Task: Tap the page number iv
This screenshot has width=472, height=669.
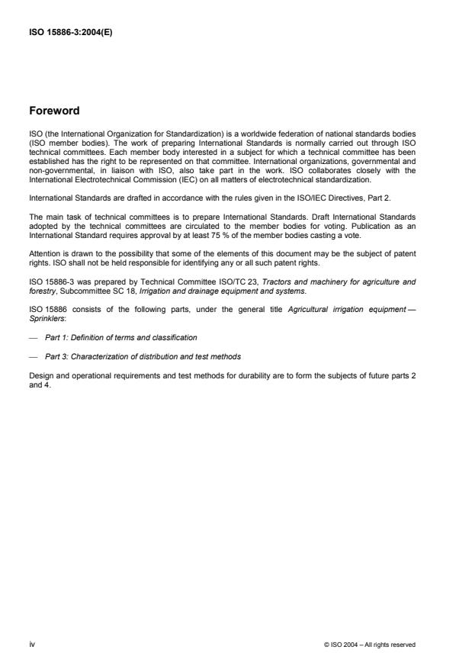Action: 31,644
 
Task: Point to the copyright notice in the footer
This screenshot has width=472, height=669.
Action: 370,645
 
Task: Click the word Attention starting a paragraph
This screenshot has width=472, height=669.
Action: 43,252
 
